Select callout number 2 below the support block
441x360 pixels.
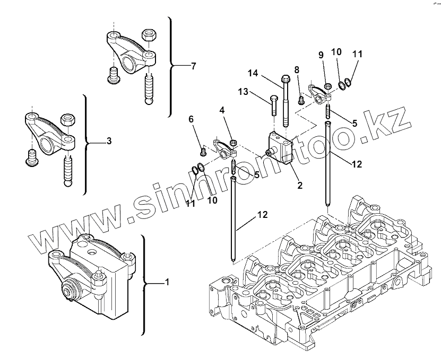[x=300, y=186]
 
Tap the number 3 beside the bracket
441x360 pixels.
[x=109, y=141]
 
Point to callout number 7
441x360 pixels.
[x=193, y=66]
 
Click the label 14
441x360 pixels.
[x=252, y=74]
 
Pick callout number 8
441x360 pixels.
[x=297, y=69]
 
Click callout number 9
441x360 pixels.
[x=321, y=55]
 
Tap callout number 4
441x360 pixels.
[x=222, y=110]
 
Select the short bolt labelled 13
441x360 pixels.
[x=274, y=106]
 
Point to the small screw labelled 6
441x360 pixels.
[x=203, y=153]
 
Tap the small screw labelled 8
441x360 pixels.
[x=300, y=98]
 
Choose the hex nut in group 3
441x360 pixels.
[x=67, y=119]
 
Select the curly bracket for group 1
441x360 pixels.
[x=144, y=284]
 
